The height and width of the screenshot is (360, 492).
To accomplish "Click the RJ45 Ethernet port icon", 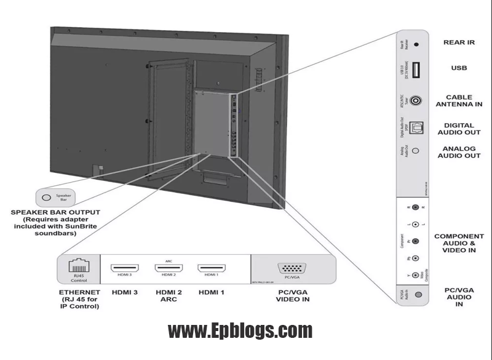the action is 77,266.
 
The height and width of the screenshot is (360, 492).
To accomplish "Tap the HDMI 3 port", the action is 124,269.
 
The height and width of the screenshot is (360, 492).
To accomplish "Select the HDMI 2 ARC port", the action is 168,269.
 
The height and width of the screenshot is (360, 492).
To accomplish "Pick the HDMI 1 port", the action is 211,269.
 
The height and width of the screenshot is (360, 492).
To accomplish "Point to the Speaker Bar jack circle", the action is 47,198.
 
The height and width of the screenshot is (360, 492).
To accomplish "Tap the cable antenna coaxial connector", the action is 416,100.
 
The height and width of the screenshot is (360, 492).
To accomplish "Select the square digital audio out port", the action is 416,126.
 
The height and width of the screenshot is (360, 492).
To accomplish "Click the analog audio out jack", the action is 416,150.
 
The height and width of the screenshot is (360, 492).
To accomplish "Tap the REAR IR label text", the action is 459,43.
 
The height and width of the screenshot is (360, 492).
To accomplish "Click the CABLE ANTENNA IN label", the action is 459,100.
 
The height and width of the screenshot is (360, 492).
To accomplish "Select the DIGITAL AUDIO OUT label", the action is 459,129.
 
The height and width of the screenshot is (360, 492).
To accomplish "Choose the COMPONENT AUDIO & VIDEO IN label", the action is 459,243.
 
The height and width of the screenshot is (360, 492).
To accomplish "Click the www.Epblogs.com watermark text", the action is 240,331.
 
